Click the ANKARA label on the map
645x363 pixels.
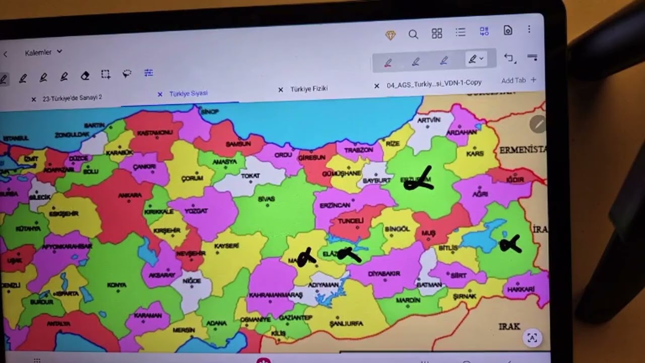coord(130,195)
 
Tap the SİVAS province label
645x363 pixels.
coord(266,199)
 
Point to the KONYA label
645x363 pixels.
coord(116,285)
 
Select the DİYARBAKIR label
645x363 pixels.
coord(384,274)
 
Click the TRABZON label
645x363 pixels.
coord(358,150)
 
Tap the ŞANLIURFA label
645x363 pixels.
coord(346,324)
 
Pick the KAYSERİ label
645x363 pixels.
coord(226,246)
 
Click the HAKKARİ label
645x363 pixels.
coord(521,289)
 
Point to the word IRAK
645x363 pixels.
coord(509,326)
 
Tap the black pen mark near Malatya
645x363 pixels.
coord(306,258)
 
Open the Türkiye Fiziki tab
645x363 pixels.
coord(309,89)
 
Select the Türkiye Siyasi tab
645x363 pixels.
coord(188,93)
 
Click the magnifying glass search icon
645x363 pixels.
coord(413,34)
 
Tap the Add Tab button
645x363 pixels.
coord(519,80)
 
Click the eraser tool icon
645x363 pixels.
coord(85,76)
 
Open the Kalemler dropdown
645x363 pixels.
coord(43,52)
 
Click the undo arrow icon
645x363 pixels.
coord(508,58)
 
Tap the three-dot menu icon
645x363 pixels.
coord(529,29)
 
